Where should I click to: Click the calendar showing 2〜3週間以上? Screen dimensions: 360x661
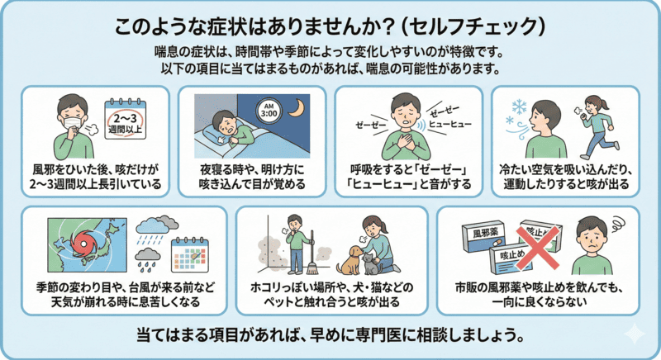click(128, 119)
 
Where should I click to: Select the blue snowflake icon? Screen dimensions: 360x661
click(520, 109)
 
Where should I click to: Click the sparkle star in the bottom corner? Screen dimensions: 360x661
click(635, 334)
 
